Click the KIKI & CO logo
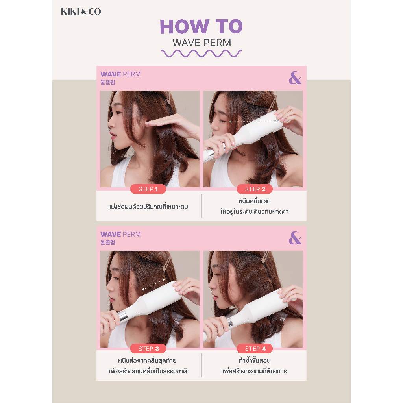pyautogui.click(x=81, y=11)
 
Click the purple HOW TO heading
pyautogui.click(x=201, y=26)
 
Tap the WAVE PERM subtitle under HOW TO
pyautogui.click(x=202, y=43)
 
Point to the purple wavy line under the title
pyautogui.click(x=201, y=54)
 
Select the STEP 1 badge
pyautogui.click(x=148, y=189)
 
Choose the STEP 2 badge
pyautogui.click(x=255, y=189)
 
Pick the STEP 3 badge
pyautogui.click(x=148, y=349)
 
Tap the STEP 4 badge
pyautogui.click(x=255, y=349)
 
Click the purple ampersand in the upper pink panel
pyautogui.click(x=295, y=78)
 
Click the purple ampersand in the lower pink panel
pyautogui.click(x=295, y=238)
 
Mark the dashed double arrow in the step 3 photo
pyautogui.click(x=153, y=285)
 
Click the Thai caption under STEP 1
pyautogui.click(x=148, y=207)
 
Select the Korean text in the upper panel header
pyautogui.click(x=108, y=82)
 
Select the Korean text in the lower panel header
pyautogui.click(x=108, y=242)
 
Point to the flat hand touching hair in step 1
pyautogui.click(x=168, y=123)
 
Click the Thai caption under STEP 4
pyautogui.click(x=255, y=366)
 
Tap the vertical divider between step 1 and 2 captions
pyautogui.click(x=201, y=206)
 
